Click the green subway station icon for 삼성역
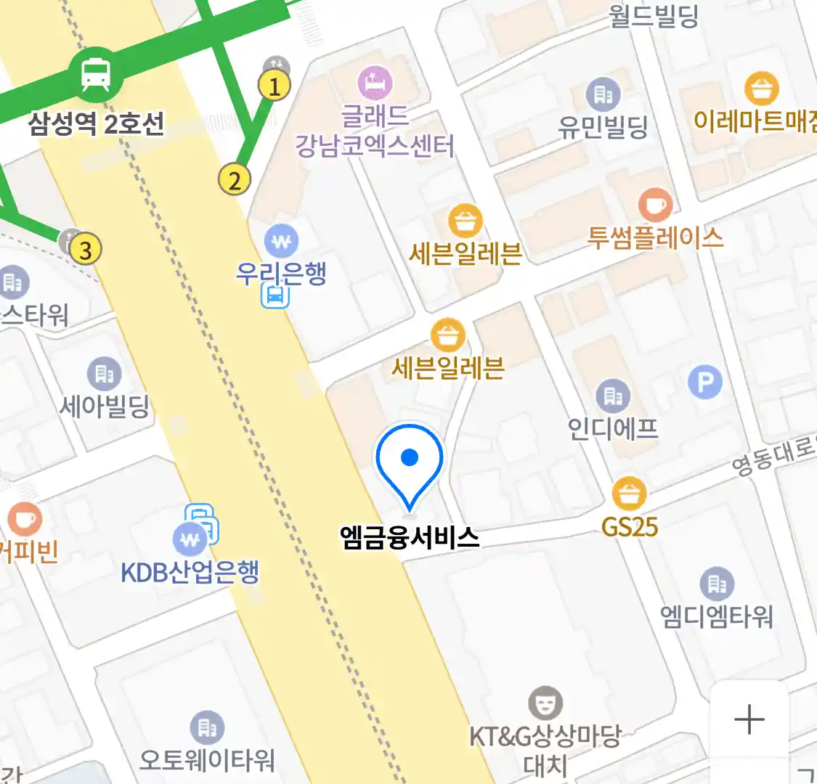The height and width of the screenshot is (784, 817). tap(96, 73)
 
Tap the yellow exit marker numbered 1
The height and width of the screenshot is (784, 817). tap(275, 86)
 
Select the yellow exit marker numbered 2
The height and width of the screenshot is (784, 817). tap(234, 179)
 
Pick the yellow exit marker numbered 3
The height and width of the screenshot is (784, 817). tap(86, 250)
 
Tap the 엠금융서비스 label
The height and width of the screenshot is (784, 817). tap(410, 537)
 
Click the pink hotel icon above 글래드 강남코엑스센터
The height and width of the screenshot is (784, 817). tap(375, 83)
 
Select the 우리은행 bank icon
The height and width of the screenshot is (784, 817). tap(281, 240)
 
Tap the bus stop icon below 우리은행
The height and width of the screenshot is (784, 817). tap(275, 295)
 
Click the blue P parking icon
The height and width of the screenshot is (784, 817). tap(704, 382)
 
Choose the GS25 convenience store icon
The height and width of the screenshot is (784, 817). tap(629, 494)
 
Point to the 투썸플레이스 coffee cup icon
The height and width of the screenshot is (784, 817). tap(655, 205)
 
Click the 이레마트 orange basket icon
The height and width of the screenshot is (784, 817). tap(761, 89)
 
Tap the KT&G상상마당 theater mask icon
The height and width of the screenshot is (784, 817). tap(545, 703)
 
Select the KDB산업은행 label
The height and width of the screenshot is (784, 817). tap(190, 572)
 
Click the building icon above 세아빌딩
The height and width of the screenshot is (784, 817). tap(105, 374)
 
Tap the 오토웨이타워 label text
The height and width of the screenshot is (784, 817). tap(207, 760)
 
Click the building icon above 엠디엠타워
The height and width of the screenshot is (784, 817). tap(717, 583)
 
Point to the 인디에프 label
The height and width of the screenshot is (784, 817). tap(613, 429)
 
